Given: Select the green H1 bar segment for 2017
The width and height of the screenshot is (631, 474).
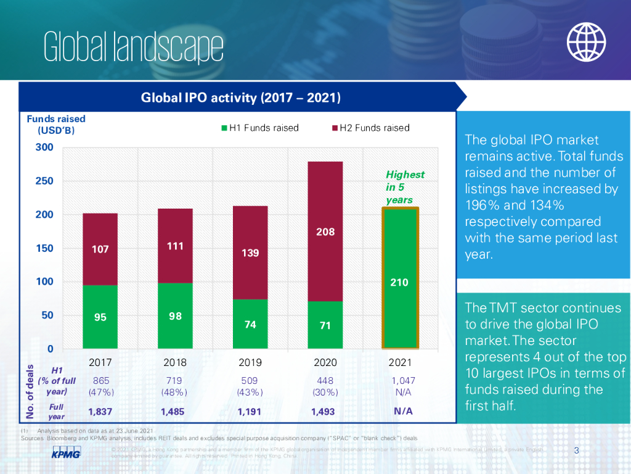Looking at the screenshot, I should coord(100,317).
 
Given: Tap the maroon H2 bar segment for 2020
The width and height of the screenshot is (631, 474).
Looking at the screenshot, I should coord(325,231).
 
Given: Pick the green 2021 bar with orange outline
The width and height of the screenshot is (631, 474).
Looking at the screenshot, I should coord(401,278).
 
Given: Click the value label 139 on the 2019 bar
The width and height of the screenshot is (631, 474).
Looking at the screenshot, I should coord(250,253).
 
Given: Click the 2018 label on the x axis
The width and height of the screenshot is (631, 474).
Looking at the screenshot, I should coord(175,362).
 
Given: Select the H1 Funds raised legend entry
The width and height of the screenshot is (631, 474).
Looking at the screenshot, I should coord(260,128).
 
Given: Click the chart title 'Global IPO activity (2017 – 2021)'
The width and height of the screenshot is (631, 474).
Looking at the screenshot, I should coord(241,98).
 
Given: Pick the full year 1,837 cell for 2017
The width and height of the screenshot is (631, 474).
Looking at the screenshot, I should coord(100,411).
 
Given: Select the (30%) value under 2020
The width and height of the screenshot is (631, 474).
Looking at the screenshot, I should coord(325,392).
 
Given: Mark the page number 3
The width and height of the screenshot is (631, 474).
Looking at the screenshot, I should coord(576,450).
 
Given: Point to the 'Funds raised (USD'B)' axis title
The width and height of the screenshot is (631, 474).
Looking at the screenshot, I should coord(55,124).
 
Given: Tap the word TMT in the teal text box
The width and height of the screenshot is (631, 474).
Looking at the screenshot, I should coord(502,308).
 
